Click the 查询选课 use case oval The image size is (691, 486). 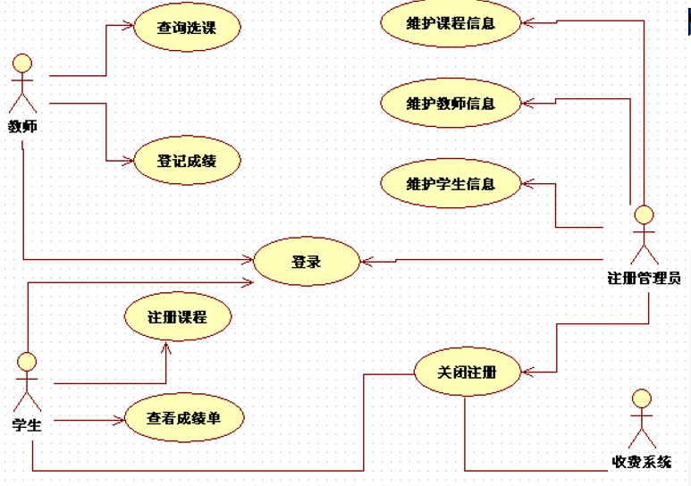click(187, 28)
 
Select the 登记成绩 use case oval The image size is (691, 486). click(187, 161)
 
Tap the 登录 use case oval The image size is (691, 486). click(306, 262)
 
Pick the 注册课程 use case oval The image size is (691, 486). click(178, 317)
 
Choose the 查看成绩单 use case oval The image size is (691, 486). click(183, 417)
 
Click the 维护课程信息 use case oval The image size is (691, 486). click(451, 23)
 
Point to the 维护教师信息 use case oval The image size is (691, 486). click(451, 103)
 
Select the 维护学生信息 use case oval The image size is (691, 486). click(451, 184)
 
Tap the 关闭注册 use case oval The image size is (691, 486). click(467, 372)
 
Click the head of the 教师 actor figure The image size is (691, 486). click(22, 63)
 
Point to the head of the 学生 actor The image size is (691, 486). click(28, 361)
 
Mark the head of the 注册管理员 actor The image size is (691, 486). click(643, 214)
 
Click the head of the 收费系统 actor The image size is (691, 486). click(641, 398)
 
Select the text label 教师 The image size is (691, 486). click(22, 126)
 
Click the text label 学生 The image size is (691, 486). click(27, 424)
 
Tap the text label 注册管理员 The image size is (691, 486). click(644, 278)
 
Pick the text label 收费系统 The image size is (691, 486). click(641, 462)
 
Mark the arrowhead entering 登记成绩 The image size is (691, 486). click(129, 161)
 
